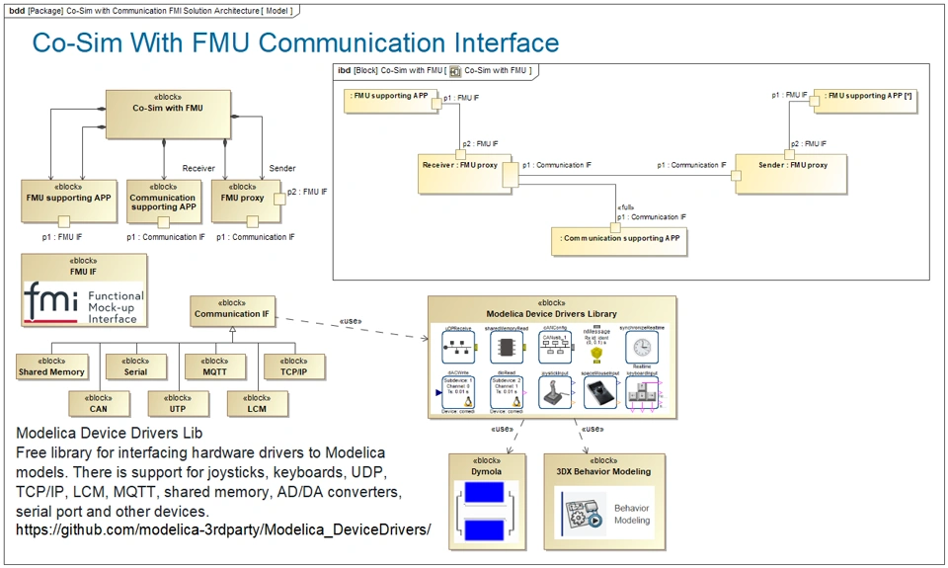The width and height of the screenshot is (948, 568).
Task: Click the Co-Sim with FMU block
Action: coord(168,114)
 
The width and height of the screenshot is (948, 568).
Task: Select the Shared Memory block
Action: coord(51,366)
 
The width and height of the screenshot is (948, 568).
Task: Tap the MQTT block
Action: coord(214,366)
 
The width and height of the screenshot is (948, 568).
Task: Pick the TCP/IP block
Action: coord(293,366)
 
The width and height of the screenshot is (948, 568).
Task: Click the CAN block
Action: coord(98,402)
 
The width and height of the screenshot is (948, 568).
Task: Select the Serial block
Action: coord(135,366)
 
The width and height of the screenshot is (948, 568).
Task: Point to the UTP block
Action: coord(177,402)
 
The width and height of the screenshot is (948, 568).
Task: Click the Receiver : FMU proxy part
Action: coord(460,174)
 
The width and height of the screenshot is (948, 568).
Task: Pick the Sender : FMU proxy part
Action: coord(793,174)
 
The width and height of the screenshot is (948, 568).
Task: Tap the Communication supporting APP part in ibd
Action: coord(620,241)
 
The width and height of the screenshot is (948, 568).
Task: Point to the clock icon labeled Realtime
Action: coord(643,346)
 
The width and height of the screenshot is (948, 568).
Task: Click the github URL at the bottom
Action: coord(223,529)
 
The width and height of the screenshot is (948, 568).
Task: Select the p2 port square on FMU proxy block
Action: coord(278,198)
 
